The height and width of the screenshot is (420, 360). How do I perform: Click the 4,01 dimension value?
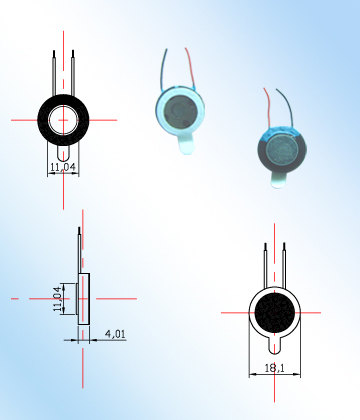pyautogui.click(x=115, y=334)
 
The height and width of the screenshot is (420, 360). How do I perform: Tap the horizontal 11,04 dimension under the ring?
pyautogui.click(x=63, y=167)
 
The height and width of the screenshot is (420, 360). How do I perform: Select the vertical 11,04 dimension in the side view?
pyautogui.click(x=58, y=298)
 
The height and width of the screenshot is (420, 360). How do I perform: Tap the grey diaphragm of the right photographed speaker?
pyautogui.click(x=281, y=151)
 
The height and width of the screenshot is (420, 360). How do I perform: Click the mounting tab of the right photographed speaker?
pyautogui.click(x=276, y=181)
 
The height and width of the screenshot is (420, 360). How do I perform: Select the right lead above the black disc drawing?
pyautogui.click(x=284, y=263)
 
